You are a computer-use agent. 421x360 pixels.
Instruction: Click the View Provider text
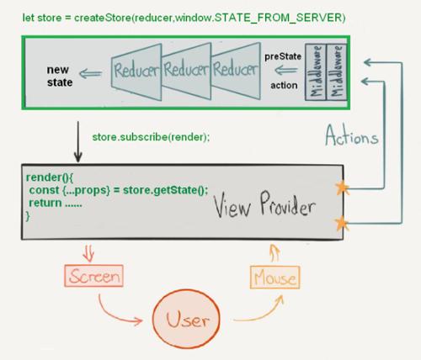coord(263,205)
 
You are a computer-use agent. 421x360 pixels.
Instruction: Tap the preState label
coord(282,56)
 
